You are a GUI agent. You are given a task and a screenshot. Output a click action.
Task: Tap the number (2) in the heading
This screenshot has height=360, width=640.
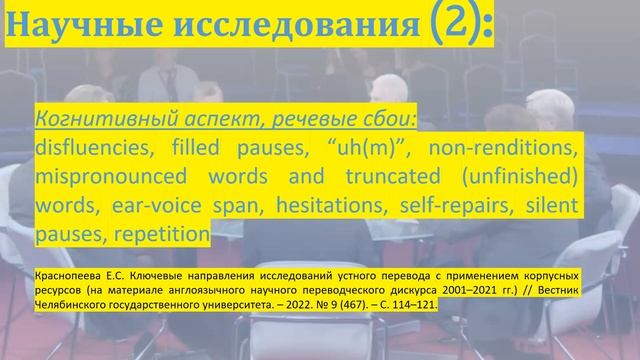pos(446,22)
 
